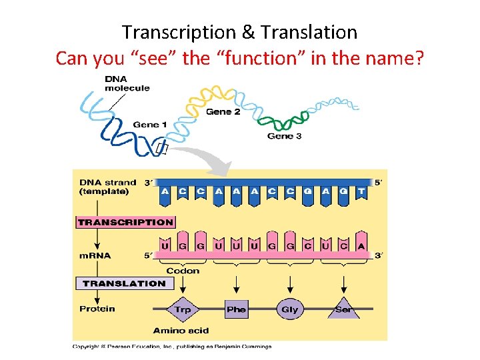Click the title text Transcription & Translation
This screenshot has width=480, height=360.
pos(239,32)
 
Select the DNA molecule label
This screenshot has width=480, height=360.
pos(127,84)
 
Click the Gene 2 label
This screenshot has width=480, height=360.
pos(223,111)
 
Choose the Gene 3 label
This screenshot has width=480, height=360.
pos(284,136)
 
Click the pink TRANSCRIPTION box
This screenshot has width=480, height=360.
pos(126,222)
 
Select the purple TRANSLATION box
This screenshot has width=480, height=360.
pos(124,283)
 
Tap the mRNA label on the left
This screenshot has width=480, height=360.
pos(95,255)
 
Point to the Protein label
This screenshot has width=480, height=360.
pos(97,309)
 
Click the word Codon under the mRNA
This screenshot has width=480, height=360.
pos(182,271)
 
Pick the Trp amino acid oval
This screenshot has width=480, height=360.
pos(183,309)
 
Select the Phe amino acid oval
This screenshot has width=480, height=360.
pos(236,309)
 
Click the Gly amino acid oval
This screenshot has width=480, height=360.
pos(289,309)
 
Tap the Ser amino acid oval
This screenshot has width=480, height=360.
pos(343,309)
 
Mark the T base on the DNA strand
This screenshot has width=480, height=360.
pos(361,191)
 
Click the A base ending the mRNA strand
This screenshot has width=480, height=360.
pos(361,245)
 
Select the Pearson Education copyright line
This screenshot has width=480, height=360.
pos(172,346)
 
